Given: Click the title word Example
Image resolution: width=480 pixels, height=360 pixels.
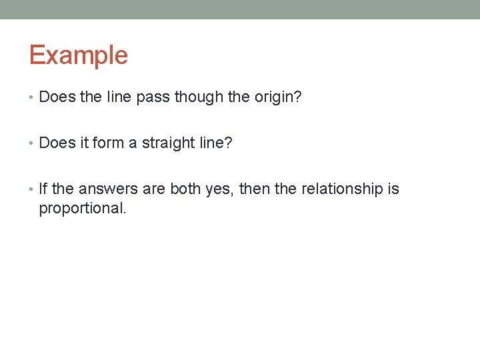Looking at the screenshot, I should click(x=78, y=55).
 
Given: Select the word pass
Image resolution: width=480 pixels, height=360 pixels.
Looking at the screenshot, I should click(x=153, y=97).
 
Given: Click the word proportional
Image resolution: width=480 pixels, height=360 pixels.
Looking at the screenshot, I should click(x=82, y=209).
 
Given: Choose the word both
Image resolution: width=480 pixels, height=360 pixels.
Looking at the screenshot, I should click(x=185, y=189).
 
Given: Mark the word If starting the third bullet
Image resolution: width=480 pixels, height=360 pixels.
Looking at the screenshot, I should click(x=43, y=189).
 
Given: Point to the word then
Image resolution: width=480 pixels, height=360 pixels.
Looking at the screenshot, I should click(x=255, y=189).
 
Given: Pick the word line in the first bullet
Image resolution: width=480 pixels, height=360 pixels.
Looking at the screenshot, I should click(x=119, y=97).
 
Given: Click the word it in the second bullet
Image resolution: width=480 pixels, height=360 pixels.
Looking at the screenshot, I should click(x=86, y=143).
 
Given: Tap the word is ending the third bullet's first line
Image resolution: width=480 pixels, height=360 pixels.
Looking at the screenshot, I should click(x=393, y=189).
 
